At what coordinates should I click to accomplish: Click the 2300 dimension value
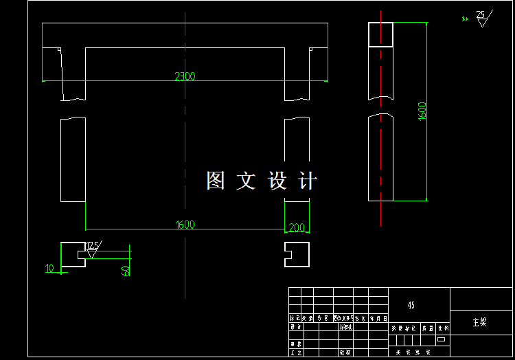[x=184, y=76]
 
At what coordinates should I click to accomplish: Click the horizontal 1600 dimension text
[x=185, y=225]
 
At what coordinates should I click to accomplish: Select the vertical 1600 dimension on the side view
[x=422, y=111]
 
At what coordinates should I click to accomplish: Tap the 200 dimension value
[x=297, y=227]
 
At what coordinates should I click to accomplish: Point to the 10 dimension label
[x=49, y=269]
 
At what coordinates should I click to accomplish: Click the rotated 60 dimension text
[x=126, y=270]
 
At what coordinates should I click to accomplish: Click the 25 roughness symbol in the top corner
[x=481, y=17]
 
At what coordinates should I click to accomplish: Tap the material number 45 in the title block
[x=411, y=305]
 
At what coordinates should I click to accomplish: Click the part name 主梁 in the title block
[x=479, y=322]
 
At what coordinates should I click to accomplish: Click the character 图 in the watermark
[x=216, y=181]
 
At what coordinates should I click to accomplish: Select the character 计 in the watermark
[x=308, y=181]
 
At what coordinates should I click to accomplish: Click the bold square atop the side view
[x=380, y=34]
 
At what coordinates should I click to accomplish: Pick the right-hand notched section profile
[x=297, y=254]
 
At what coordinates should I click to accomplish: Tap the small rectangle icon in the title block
[x=441, y=339]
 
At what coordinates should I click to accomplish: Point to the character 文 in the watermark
[x=246, y=181]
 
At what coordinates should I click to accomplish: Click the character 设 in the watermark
[x=277, y=181]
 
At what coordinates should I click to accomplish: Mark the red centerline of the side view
[x=380, y=137]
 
